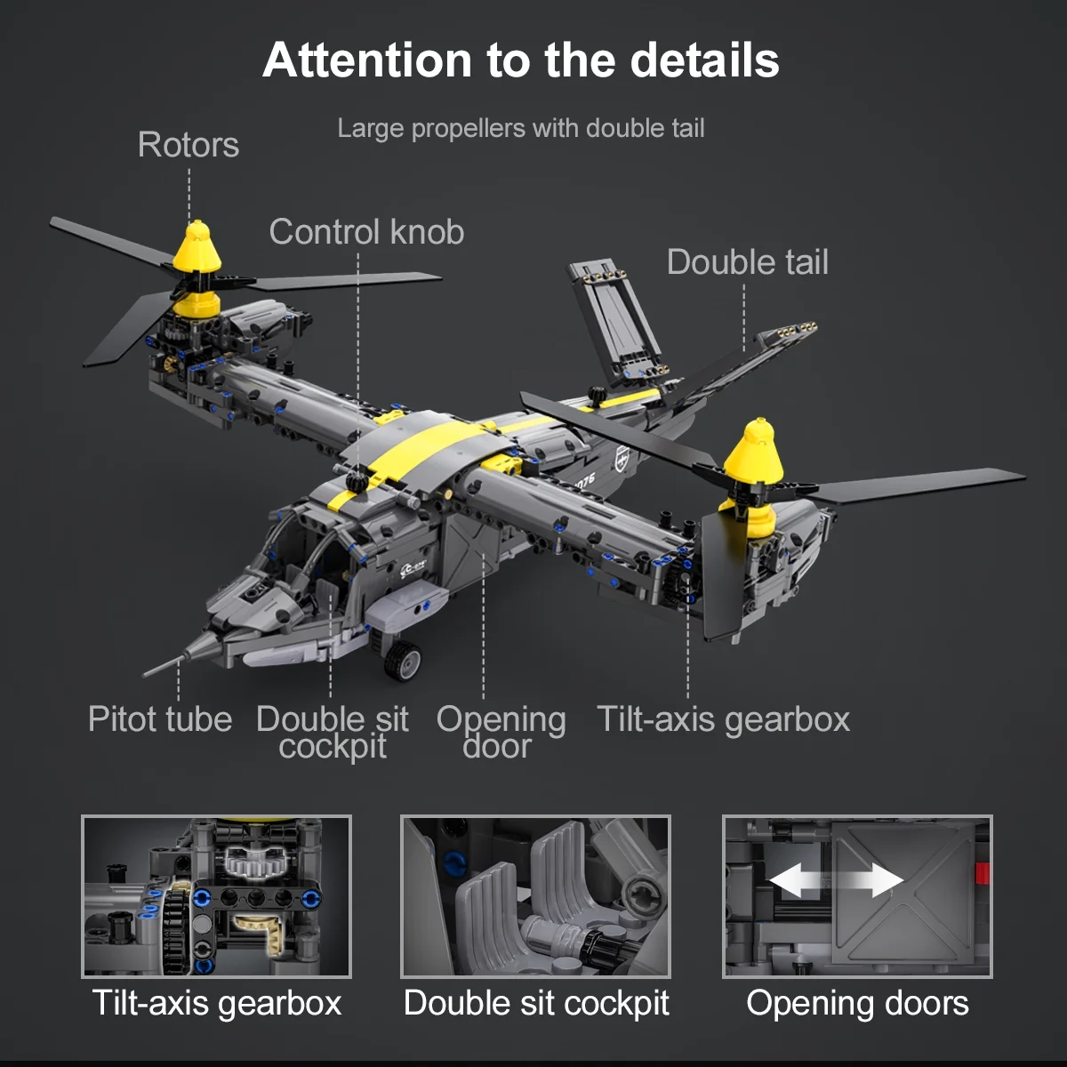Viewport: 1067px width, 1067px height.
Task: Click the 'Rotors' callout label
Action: point(189,145)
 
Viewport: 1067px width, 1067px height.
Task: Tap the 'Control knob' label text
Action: point(366,232)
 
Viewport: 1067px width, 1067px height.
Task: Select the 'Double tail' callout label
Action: point(748,262)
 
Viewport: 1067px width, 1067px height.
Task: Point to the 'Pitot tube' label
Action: point(160,719)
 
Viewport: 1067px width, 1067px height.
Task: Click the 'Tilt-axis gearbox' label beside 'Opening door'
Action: point(723,720)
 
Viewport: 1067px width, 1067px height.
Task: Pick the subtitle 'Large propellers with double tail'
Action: point(521,128)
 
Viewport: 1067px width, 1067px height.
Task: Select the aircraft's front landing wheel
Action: point(403,660)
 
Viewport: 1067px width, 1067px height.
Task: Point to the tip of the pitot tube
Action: point(144,676)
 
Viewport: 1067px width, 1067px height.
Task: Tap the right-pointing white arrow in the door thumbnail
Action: point(880,880)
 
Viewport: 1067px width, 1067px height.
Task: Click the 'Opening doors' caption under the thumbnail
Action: point(857,1003)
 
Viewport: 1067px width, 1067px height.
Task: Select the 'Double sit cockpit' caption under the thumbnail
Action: point(536,1003)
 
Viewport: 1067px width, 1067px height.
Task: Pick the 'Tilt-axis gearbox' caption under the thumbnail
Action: point(216,1003)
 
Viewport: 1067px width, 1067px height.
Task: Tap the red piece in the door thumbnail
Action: point(983,873)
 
